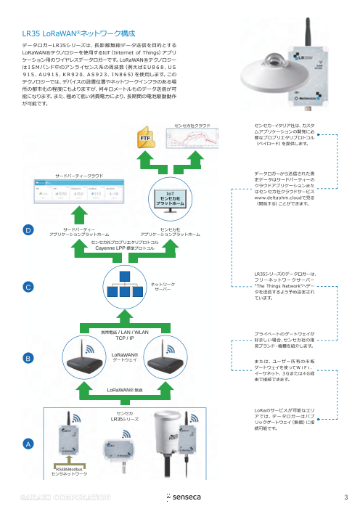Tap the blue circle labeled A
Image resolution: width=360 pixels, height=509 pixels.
click(27, 442)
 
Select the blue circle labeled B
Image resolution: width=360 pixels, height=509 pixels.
click(27, 359)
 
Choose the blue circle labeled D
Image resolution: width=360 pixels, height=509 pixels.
click(27, 230)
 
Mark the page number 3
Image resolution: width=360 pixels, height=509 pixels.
click(347, 498)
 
